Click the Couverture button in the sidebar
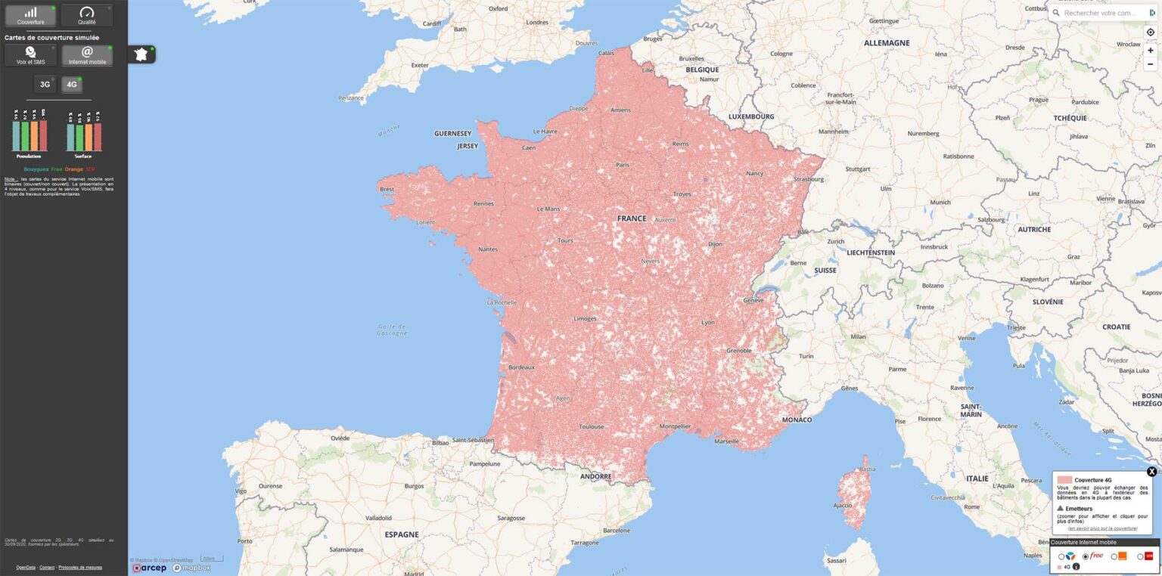pos(30,15)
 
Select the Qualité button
pos(87,15)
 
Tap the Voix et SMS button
pos(30,55)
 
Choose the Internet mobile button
pos(87,55)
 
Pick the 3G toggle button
pos(45,84)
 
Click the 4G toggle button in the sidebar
pos(72,84)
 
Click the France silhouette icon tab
pos(141,54)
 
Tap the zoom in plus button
pos(1150,50)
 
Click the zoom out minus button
pos(1150,64)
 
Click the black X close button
pos(1151,472)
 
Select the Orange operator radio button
pos(1114,557)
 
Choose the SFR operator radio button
pos(1140,557)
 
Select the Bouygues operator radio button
pos(1061,557)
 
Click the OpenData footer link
pos(25,567)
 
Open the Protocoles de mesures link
pos(80,567)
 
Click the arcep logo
pos(150,568)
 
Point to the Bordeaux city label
pos(521,367)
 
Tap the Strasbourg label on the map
pos(809,179)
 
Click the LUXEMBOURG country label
pos(751,117)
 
